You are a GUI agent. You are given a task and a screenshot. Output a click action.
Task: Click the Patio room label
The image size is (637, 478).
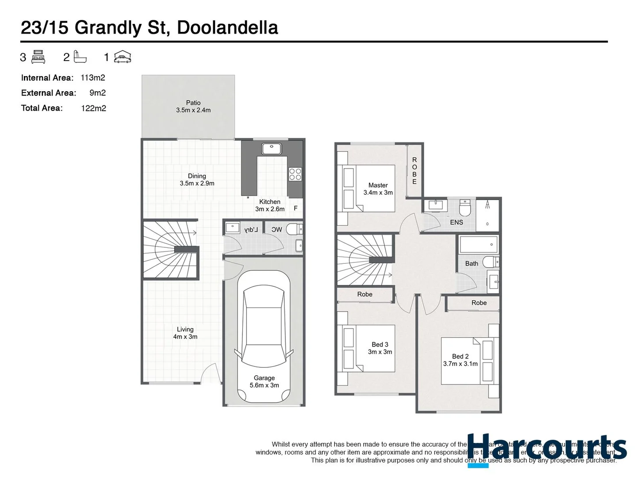point(193,106)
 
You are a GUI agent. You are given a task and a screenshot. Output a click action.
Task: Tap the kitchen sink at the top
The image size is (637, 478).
point(271,149)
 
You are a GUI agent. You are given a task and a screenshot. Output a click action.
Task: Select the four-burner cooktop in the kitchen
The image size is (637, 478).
point(295,174)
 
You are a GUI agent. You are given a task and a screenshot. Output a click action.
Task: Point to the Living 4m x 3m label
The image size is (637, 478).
point(185,333)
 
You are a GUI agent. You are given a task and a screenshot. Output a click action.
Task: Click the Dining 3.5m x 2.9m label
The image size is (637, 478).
point(197,180)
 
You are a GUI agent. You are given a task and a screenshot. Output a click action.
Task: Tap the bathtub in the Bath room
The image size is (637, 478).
point(479,244)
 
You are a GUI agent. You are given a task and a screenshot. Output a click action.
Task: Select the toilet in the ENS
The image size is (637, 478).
point(465,207)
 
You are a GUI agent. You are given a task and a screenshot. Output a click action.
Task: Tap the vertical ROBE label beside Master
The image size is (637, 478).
point(414,170)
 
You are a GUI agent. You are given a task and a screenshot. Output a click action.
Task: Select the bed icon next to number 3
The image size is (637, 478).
point(38,57)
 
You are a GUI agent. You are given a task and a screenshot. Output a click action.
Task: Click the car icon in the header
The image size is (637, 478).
point(123,57)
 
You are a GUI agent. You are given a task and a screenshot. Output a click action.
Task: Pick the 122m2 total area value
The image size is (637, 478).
point(93,108)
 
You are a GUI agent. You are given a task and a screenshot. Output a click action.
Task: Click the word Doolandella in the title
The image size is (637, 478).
point(227,27)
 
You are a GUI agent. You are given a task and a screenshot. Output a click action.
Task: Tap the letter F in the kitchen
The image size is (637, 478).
point(295,208)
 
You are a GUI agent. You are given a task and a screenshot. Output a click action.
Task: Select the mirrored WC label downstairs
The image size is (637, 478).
point(276,229)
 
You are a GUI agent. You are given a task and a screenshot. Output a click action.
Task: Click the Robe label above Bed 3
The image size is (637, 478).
point(365,294)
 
